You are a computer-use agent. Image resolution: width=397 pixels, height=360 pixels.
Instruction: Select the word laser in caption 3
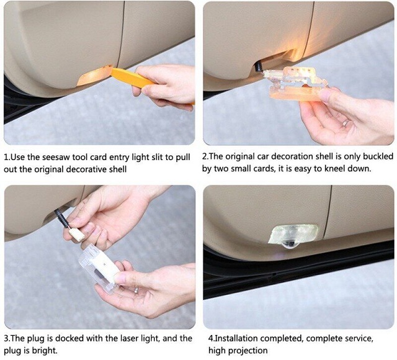point(130,338)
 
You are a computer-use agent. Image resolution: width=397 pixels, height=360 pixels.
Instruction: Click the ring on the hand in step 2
point(346,123)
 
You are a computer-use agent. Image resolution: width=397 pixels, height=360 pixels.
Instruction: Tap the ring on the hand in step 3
point(136,290)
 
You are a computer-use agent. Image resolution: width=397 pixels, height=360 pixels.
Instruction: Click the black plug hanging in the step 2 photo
point(258,67)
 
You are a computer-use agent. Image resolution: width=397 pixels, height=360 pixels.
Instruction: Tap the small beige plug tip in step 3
point(77,235)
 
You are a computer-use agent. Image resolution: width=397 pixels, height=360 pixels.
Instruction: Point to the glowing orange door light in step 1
point(94,74)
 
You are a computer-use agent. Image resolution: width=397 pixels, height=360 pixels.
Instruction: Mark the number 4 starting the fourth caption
point(211,338)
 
